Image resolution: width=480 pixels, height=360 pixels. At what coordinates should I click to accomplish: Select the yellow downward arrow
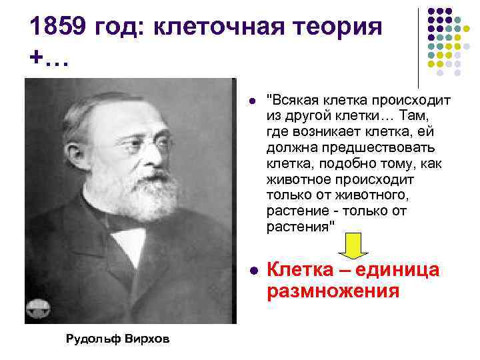tap(355, 246)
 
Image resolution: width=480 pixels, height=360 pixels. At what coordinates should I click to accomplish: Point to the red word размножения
tap(333, 291)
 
